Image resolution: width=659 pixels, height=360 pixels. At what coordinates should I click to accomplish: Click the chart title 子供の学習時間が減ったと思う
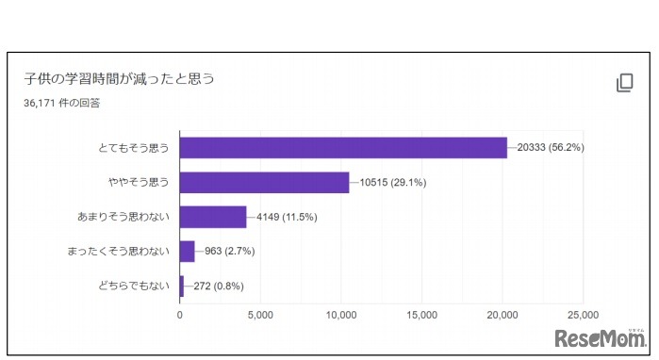pyautogui.click(x=119, y=78)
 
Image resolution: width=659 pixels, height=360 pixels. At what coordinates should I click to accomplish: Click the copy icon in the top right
pyautogui.click(x=624, y=83)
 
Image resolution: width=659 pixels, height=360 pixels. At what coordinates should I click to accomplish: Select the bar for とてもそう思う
pyautogui.click(x=343, y=148)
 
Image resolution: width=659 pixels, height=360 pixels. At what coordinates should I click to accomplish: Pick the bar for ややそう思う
pyautogui.click(x=264, y=182)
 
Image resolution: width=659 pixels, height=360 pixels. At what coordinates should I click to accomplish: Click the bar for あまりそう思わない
pyautogui.click(x=213, y=217)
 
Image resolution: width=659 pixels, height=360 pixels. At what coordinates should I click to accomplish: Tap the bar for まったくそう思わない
pyautogui.click(x=187, y=251)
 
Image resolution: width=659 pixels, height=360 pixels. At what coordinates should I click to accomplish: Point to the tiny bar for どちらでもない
pyautogui.click(x=182, y=285)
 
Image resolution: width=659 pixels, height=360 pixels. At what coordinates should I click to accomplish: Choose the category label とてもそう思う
pyautogui.click(x=134, y=148)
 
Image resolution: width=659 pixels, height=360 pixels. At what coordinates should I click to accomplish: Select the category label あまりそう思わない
pyautogui.click(x=124, y=217)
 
